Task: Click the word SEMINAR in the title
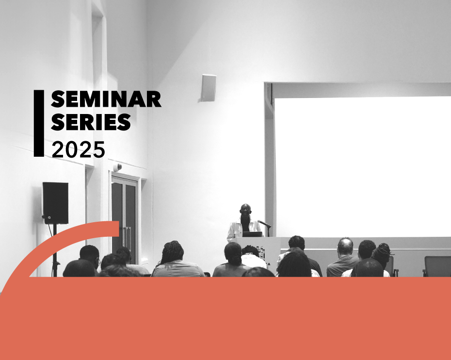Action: pos(106,99)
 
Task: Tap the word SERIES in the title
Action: pos(91,122)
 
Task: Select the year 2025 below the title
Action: pos(78,149)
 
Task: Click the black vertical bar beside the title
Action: pos(39,123)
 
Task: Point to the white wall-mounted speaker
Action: pos(209,88)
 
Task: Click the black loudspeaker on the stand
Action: pos(55,203)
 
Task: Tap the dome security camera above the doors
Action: pos(117,167)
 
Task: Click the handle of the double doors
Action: pos(127,236)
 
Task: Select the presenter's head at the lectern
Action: pos(246,210)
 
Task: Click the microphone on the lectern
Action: pos(264,224)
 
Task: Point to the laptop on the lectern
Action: pos(253,234)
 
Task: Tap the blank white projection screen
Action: pos(363,167)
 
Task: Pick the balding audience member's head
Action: pos(345,246)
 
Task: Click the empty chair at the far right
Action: pos(437,266)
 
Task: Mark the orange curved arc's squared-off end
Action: pos(119,229)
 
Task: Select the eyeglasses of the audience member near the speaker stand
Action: pos(98,262)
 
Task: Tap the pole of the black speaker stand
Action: pos(55,250)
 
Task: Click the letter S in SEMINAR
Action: pos(58,99)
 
